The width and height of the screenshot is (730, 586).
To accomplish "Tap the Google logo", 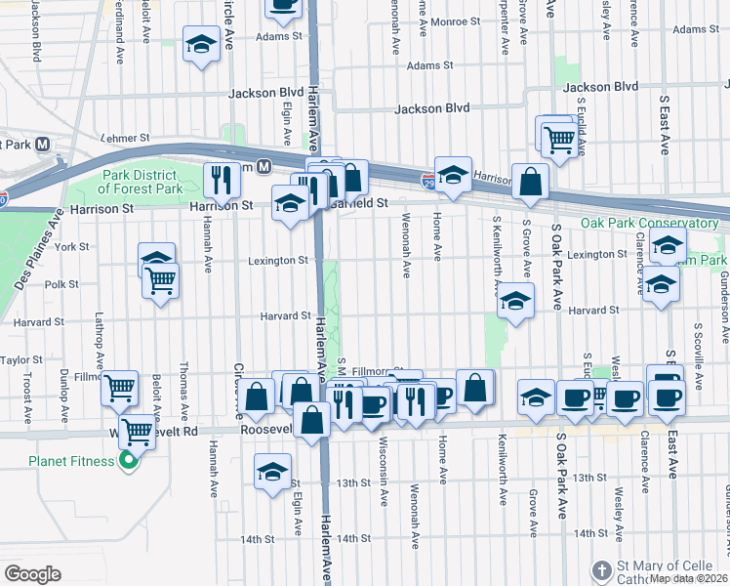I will (x=32, y=574).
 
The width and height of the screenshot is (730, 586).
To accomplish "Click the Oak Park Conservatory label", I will (x=649, y=224).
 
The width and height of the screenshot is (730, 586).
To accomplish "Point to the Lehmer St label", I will (x=126, y=140).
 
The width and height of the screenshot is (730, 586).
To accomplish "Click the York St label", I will (x=73, y=247).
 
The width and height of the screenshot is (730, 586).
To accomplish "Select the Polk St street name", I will (x=61, y=284).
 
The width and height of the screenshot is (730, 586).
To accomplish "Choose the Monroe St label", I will (x=461, y=21).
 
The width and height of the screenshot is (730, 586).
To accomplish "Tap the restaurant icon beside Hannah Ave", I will (x=222, y=179).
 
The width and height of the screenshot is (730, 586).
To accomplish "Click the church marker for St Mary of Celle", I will (x=601, y=568).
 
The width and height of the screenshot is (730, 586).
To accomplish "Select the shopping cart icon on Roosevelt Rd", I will (x=137, y=431).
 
